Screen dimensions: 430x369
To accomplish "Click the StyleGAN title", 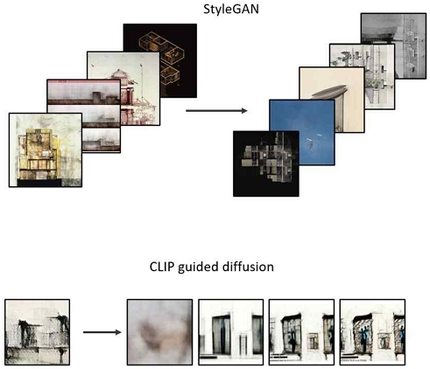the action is (231, 9).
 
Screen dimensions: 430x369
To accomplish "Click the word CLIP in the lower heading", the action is (161, 267).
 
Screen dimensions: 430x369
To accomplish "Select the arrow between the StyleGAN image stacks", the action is (216, 111).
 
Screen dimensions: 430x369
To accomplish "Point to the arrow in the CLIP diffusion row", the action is (102, 332).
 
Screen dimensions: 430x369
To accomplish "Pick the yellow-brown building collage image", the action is (46, 150).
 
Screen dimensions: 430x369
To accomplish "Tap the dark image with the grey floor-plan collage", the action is (266, 164).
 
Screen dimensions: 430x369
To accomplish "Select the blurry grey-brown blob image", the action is (159, 332).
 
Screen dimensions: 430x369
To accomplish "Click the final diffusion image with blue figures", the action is (372, 332).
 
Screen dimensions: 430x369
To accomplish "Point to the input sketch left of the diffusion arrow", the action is (37, 332).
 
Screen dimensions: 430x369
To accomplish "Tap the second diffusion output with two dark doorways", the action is (231, 332).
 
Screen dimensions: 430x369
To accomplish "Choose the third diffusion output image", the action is (301, 332).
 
